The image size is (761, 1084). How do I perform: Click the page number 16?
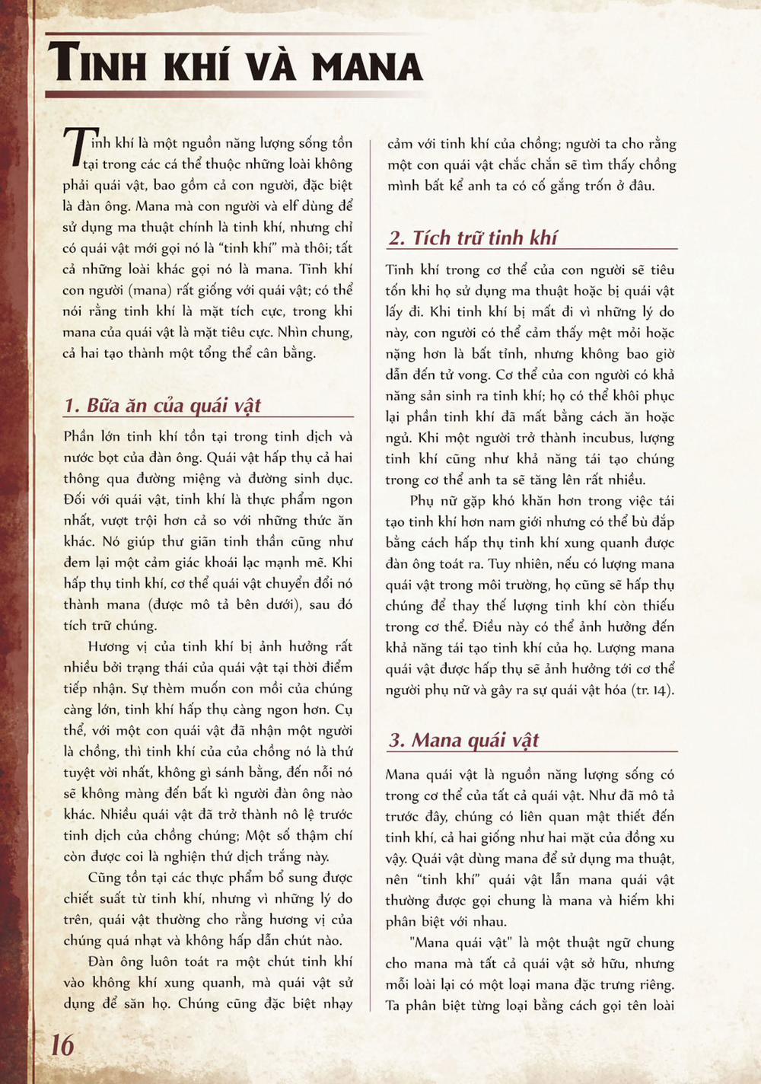pyautogui.click(x=62, y=1044)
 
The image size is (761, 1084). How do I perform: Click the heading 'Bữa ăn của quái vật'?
pyautogui.click(x=174, y=405)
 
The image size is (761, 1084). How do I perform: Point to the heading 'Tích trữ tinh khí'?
pyautogui.click(x=484, y=238)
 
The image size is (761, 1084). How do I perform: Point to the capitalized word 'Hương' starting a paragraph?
pyautogui.click(x=109, y=646)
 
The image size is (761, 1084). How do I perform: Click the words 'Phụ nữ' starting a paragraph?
pyautogui.click(x=432, y=501)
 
